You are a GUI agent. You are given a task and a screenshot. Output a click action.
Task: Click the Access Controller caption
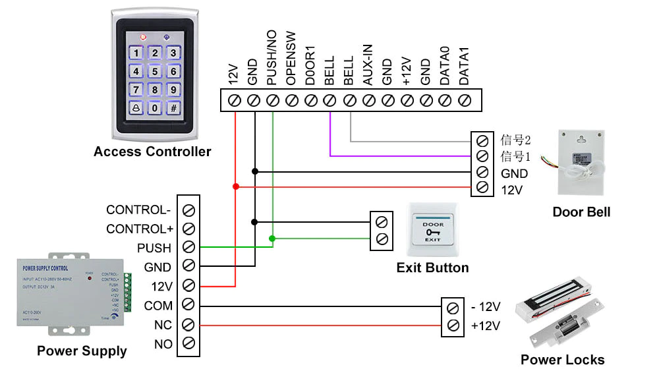point(152,152)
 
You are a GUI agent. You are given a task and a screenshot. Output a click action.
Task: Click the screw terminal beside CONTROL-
point(189,210)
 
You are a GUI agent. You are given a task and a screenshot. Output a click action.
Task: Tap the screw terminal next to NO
point(189,343)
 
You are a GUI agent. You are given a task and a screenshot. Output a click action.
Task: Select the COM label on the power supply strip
point(158,306)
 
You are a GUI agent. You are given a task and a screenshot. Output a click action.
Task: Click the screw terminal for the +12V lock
point(452,326)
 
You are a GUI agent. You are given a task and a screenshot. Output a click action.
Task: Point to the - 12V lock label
point(486,307)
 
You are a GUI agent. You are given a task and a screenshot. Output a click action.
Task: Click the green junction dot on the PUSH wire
point(272,237)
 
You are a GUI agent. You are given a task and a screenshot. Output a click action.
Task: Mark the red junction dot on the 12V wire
point(235,186)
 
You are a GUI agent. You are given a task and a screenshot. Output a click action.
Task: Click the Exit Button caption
point(432,268)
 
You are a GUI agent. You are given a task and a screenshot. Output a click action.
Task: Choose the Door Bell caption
point(581,212)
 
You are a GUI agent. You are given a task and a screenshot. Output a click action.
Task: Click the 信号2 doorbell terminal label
point(515,140)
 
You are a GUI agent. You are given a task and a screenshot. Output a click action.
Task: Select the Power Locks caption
point(562,359)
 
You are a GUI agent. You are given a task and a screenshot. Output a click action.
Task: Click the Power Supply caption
point(82,351)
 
